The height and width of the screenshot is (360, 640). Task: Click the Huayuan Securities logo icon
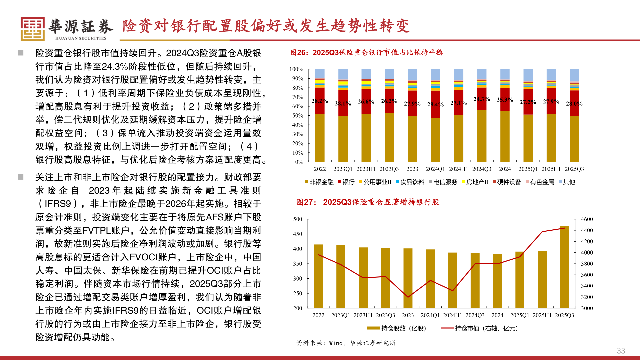(x=32, y=29)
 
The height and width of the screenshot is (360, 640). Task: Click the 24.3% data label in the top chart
(x=482, y=99)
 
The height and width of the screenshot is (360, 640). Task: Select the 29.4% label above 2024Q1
(x=435, y=104)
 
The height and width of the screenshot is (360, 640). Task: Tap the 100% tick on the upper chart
(x=296, y=69)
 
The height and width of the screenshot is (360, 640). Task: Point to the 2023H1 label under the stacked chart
(x=366, y=169)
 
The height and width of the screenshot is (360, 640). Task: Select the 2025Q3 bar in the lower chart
(x=564, y=267)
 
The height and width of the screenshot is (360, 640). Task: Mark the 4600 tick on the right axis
(x=587, y=219)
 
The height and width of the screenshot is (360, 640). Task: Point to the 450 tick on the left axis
(x=298, y=234)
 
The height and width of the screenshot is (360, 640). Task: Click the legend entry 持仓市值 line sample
(x=447, y=328)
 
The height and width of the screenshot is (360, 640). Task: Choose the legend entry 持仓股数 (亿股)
(x=397, y=328)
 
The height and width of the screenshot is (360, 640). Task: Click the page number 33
(x=621, y=351)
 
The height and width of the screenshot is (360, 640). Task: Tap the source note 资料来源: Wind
(x=346, y=343)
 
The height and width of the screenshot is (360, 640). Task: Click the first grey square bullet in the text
(x=21, y=53)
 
